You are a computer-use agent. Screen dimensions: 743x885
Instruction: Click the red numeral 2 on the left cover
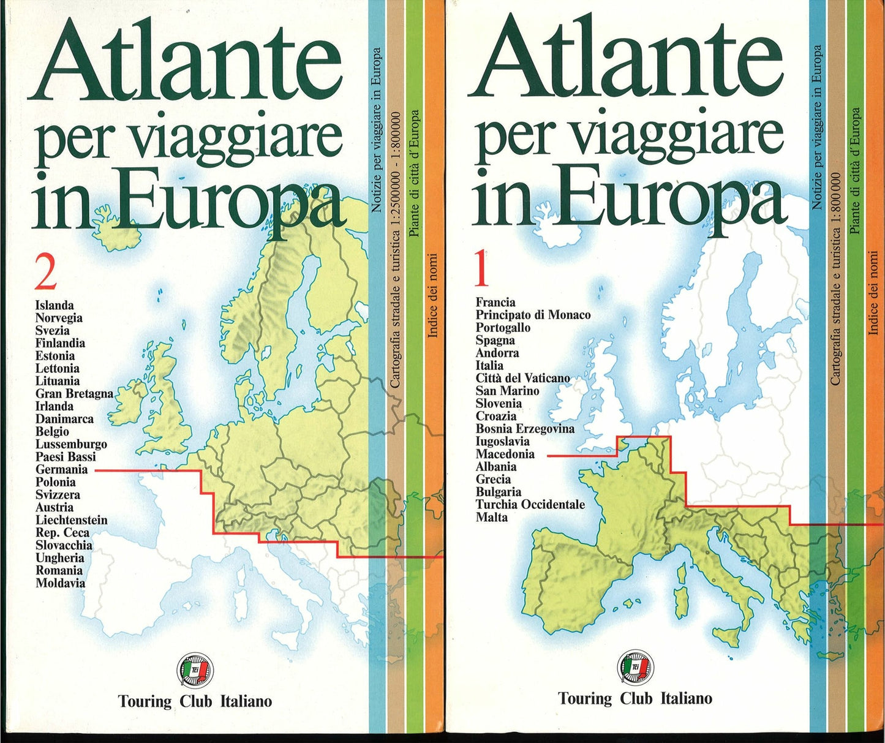tap(46, 273)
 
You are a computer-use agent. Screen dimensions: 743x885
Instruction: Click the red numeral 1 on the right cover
tap(481, 270)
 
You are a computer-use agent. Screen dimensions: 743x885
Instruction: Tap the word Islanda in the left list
tap(55, 305)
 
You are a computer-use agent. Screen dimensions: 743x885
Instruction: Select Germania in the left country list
tap(61, 470)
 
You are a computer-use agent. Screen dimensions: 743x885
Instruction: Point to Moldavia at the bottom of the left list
tap(60, 583)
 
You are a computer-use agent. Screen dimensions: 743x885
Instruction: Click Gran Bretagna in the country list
tap(74, 393)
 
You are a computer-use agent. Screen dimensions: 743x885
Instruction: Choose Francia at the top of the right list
tap(495, 302)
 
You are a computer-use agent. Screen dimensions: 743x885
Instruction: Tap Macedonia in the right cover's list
tap(505, 454)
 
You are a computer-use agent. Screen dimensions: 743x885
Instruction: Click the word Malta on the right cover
tap(492, 517)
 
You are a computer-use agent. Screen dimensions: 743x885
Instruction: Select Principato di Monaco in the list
tap(533, 315)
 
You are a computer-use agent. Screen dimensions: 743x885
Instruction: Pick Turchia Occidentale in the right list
tap(530, 504)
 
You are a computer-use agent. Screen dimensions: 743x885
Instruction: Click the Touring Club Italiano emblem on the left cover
tap(195, 669)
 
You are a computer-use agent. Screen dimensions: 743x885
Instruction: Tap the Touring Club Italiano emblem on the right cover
tap(635, 666)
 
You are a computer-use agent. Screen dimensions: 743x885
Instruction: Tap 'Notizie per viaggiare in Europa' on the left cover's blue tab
tap(377, 129)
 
